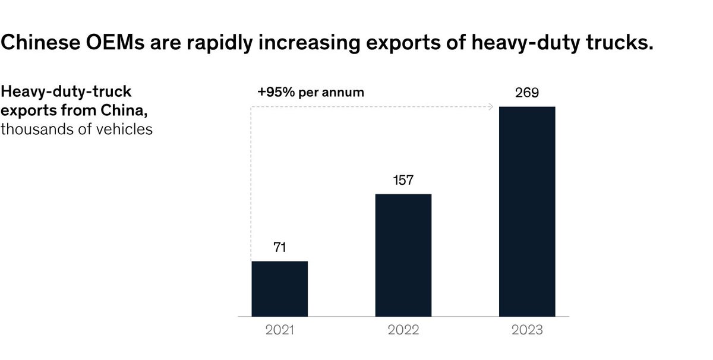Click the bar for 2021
(x=279, y=289)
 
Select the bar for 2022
(x=403, y=255)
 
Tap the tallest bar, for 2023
(x=527, y=211)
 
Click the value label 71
(x=279, y=248)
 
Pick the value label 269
(x=527, y=93)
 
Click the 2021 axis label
(x=279, y=330)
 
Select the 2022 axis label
(x=403, y=330)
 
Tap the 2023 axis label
(x=527, y=330)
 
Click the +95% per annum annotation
(x=310, y=93)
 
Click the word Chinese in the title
(x=36, y=43)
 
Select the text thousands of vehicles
(x=77, y=128)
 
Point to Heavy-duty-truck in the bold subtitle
(x=66, y=92)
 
